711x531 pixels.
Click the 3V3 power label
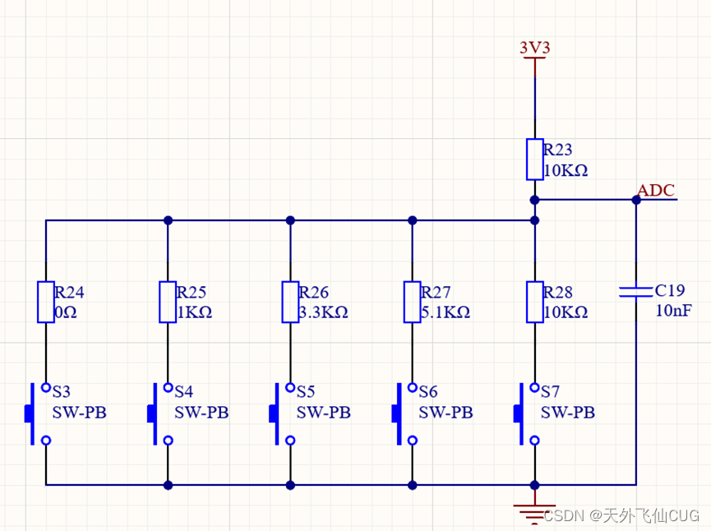[534, 48]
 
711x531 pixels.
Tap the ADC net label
[656, 191]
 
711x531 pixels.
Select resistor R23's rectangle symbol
[534, 159]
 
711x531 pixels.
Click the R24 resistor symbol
[46, 302]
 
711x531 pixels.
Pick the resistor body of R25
[168, 302]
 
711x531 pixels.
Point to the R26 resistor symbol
[290, 302]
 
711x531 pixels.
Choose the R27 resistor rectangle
[412, 302]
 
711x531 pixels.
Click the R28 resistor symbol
[534, 302]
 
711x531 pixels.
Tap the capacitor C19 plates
[635, 291]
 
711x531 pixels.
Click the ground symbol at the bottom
[534, 510]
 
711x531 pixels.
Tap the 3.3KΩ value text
[323, 312]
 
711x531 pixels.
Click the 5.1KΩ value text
[445, 312]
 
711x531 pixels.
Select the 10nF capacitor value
[673, 311]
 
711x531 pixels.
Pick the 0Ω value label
[66, 312]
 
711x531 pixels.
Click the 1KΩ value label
[194, 312]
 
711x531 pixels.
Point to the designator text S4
[183, 391]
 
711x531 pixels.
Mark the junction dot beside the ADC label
[635, 200]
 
